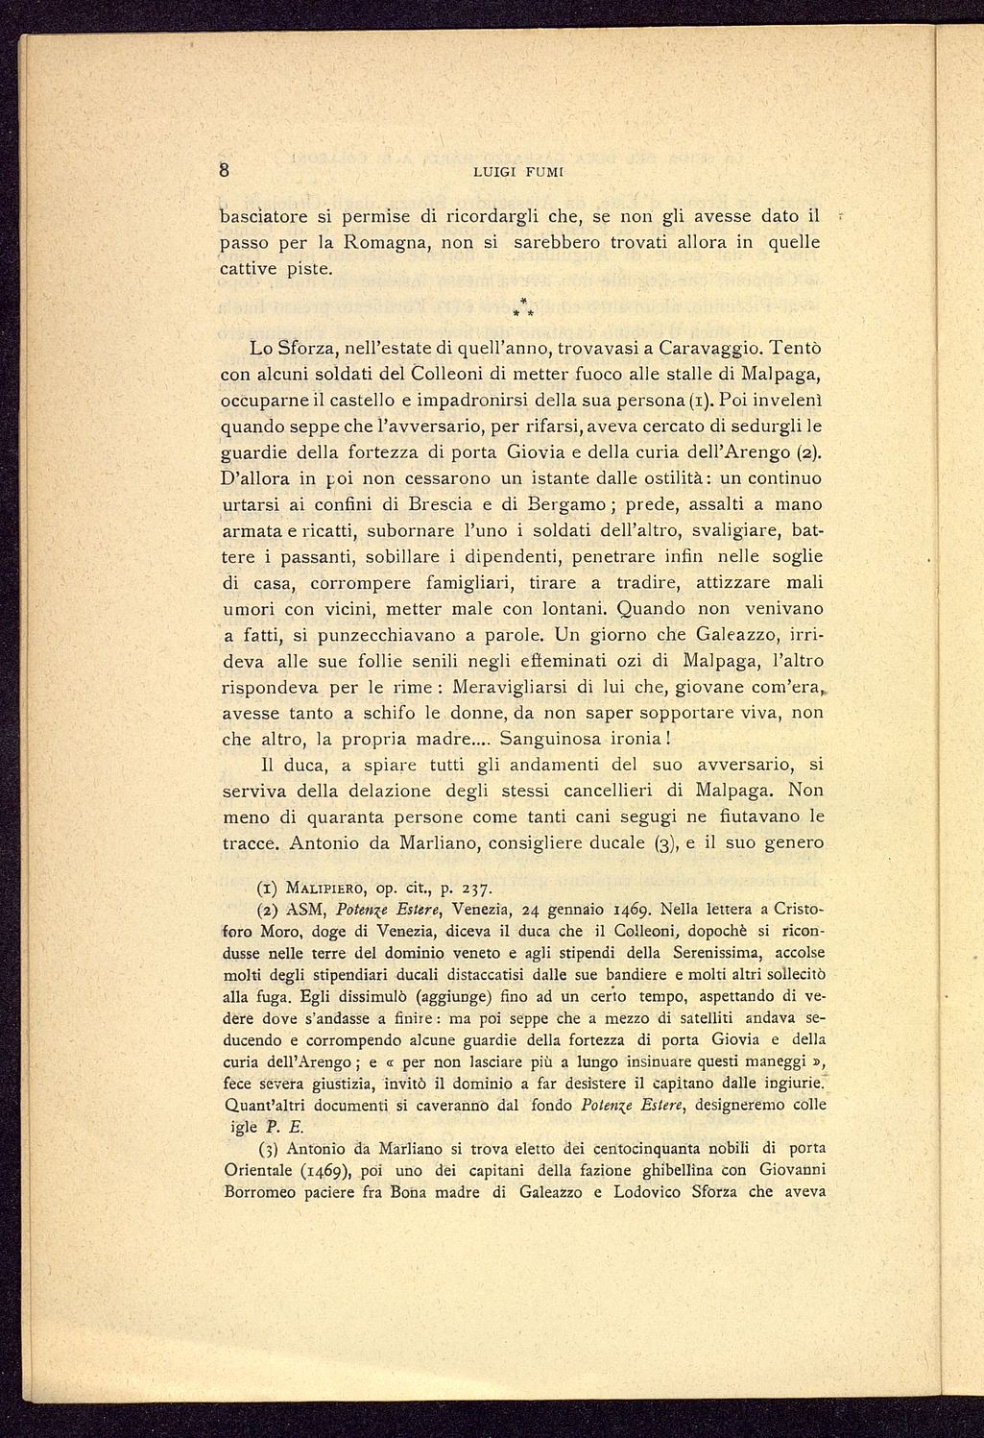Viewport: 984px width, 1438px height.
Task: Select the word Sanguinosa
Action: click(560, 740)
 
